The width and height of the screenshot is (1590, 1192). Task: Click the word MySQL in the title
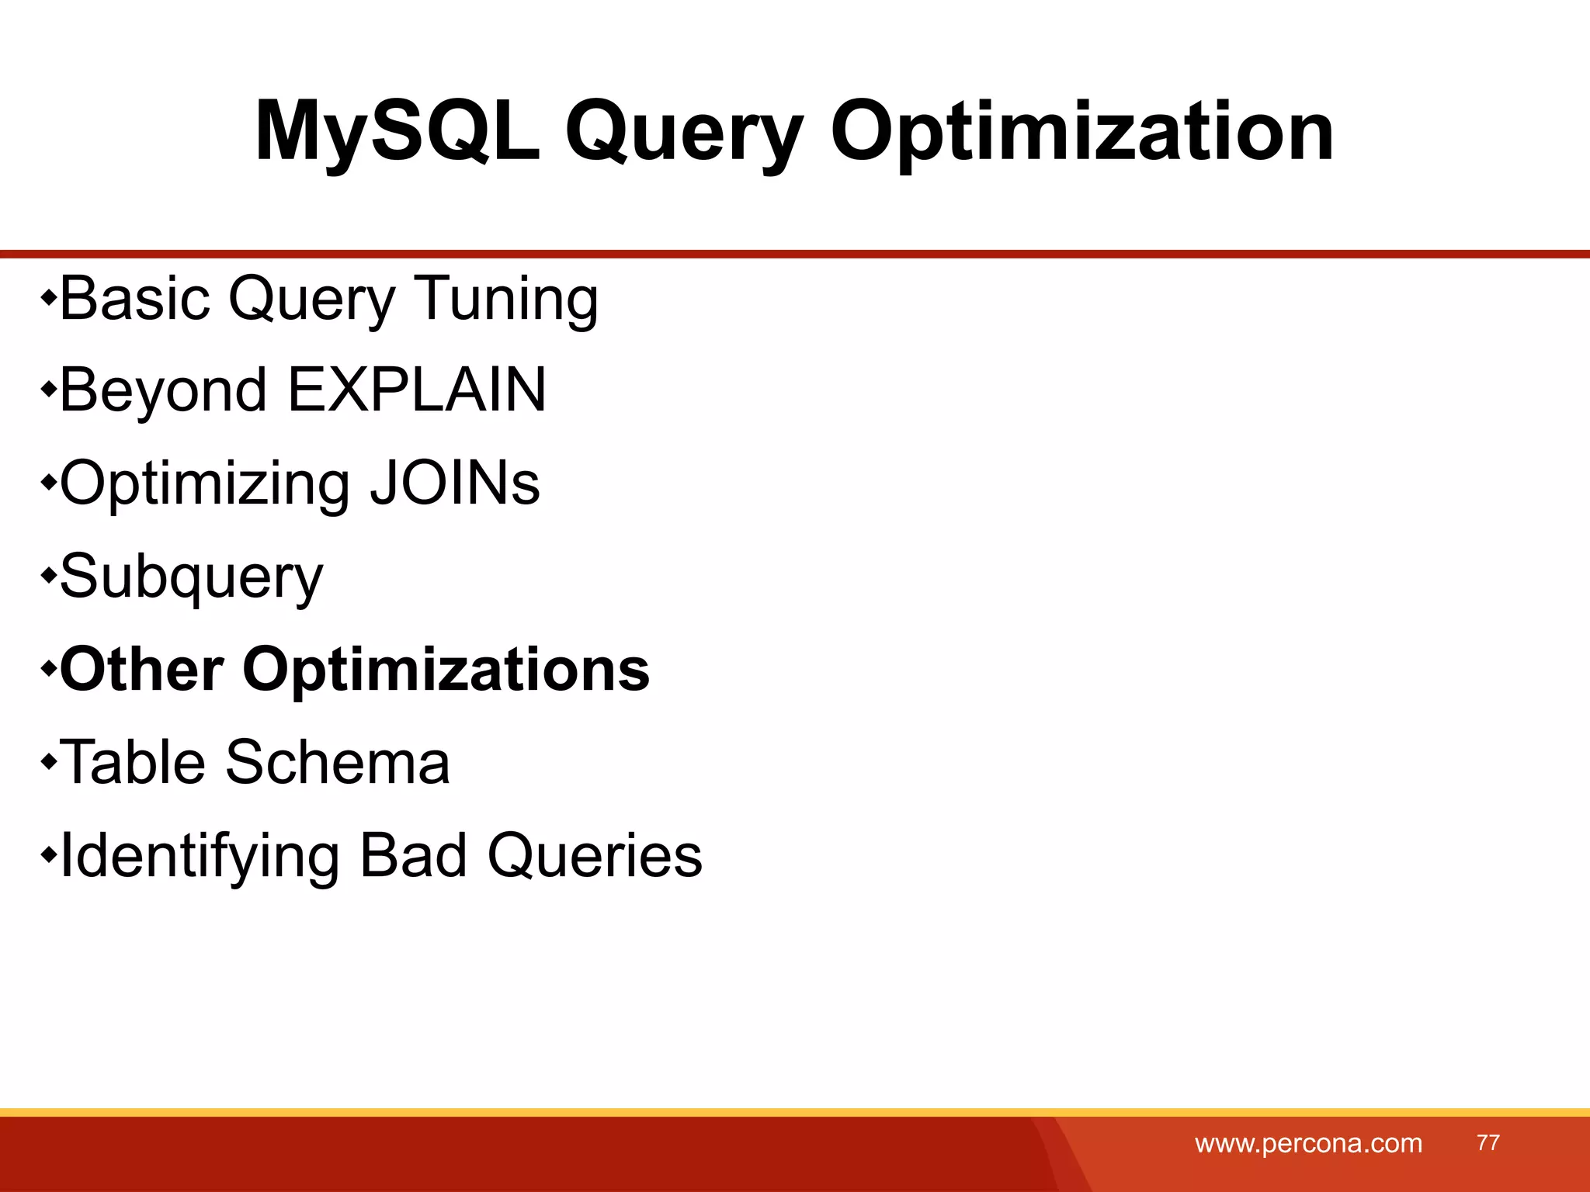397,132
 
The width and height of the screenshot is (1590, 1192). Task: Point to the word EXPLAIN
417,390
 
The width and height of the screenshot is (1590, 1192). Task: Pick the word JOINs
454,483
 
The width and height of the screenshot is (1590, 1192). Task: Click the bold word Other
142,669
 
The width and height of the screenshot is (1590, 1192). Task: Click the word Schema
337,762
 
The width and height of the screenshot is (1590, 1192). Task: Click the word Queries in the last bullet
595,856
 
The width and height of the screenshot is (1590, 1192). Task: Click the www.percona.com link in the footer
1308,1144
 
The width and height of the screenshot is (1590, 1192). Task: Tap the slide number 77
1488,1143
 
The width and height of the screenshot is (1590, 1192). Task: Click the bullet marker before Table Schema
48,762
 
